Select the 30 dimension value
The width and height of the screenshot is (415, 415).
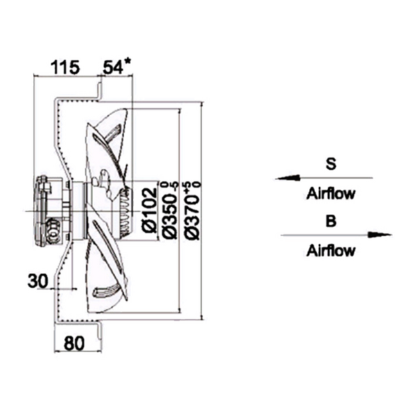[38, 279]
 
